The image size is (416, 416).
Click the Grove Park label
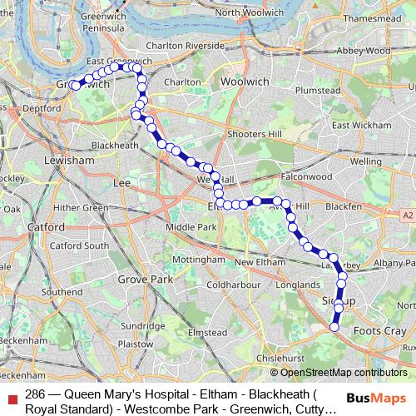click(x=145, y=280)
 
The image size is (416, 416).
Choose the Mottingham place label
click(x=197, y=260)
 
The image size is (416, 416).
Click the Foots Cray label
click(x=374, y=309)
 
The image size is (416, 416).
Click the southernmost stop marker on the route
click(x=334, y=327)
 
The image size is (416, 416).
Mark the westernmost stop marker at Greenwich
click(x=75, y=86)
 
